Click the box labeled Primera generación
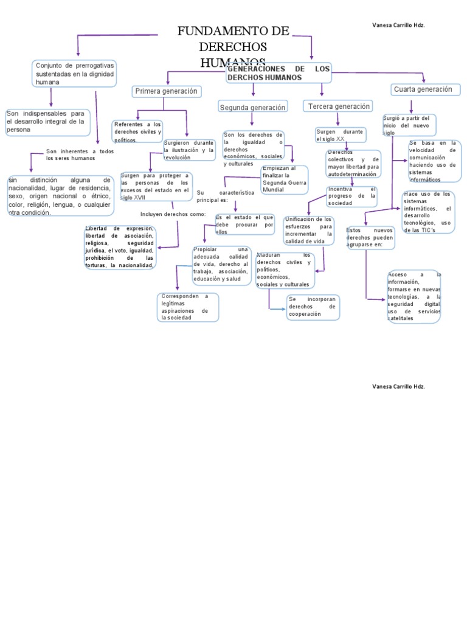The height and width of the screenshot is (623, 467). click(166, 91)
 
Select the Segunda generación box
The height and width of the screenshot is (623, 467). click(252, 108)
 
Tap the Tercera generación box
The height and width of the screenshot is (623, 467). click(338, 106)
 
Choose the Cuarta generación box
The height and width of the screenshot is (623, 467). click(423, 89)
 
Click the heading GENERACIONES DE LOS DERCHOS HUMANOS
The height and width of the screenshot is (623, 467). click(278, 74)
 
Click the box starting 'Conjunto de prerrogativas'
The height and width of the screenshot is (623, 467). click(74, 73)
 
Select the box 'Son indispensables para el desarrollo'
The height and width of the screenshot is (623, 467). click(47, 121)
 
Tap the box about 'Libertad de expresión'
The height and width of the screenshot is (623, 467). click(120, 247)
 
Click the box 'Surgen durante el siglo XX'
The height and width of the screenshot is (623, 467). click(340, 134)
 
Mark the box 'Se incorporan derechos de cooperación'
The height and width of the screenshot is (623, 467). click(313, 307)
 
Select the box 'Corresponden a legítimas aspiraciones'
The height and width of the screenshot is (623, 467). click(187, 307)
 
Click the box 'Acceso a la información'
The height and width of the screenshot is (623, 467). click(413, 296)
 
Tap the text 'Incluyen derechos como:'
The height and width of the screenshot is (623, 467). click(173, 214)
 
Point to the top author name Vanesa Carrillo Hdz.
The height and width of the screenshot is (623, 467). click(398, 25)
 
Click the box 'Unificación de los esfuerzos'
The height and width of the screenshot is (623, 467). click(308, 230)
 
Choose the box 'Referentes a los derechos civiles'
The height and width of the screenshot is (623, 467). click(137, 131)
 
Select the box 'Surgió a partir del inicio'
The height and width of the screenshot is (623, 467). click(409, 125)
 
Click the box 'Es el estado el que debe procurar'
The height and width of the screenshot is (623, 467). click(244, 224)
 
